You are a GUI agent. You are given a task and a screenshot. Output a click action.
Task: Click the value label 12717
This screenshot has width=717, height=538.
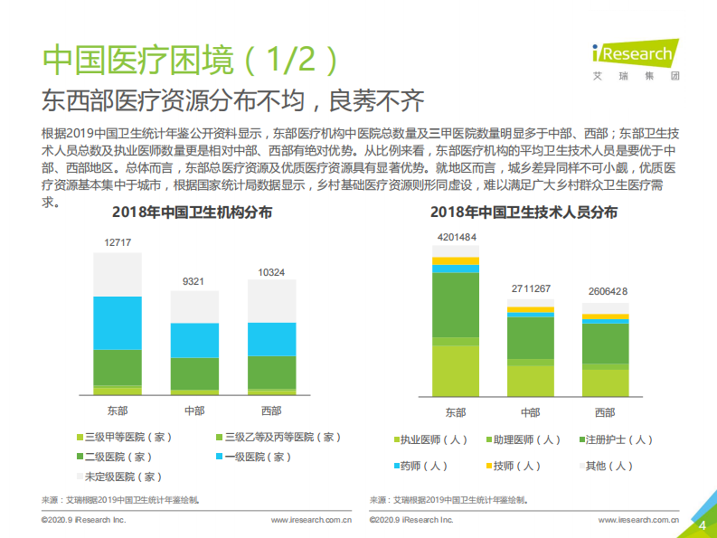click(118, 242)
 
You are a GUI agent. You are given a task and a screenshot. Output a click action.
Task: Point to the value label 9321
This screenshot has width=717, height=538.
click(193, 281)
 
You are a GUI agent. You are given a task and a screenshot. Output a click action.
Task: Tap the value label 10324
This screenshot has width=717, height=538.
click(271, 272)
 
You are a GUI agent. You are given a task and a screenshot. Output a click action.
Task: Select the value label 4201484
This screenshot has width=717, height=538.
click(457, 238)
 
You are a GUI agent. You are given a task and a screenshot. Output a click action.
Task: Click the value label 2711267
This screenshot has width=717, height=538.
click(531, 288)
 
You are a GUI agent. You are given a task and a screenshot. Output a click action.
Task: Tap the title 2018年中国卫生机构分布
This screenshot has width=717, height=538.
click(192, 213)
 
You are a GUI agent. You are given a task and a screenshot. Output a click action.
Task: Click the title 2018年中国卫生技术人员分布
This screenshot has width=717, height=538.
click(524, 213)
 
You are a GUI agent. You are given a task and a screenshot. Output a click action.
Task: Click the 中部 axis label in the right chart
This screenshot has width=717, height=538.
click(530, 412)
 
